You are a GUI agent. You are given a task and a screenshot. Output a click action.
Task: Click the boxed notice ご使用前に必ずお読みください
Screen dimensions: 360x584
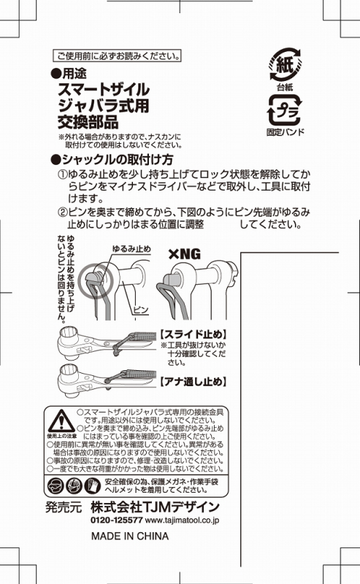coord(117,56)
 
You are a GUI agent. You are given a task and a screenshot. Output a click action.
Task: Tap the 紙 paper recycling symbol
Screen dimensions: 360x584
coord(286,64)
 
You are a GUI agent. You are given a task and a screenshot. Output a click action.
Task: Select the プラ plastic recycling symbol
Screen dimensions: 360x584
coord(285,110)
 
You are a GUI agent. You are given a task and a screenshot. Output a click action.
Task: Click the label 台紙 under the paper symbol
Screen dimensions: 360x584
coord(285,87)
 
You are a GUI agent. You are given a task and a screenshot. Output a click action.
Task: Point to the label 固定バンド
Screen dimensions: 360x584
coord(285,132)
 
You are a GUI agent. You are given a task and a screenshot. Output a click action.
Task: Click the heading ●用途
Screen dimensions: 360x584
coord(69,74)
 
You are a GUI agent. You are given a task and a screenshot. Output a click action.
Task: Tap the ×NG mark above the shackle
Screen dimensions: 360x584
coord(184,254)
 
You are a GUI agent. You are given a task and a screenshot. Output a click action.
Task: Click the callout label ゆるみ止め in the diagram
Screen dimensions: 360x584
coord(131,249)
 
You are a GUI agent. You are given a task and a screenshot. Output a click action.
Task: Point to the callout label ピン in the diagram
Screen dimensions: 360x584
coord(141,310)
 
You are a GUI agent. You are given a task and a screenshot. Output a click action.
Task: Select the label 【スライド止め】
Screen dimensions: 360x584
coord(194,334)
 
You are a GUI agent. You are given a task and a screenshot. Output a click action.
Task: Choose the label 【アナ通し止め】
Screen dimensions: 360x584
coord(194,381)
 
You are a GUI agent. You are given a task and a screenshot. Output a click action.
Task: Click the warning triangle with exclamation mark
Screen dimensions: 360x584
coord(61,421)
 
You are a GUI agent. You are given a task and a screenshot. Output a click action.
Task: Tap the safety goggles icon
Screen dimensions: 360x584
coord(56,485)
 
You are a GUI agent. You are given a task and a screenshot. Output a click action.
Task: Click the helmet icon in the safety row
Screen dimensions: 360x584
coord(74,485)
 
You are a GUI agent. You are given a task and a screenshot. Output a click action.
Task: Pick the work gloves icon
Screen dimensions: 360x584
coord(92,485)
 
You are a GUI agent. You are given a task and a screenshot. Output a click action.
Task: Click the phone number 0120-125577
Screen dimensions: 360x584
coord(117,520)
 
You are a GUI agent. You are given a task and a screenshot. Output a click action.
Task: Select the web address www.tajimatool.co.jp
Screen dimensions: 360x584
coord(182,520)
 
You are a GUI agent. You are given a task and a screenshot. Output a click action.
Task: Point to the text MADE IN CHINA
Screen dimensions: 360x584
coord(130,537)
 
